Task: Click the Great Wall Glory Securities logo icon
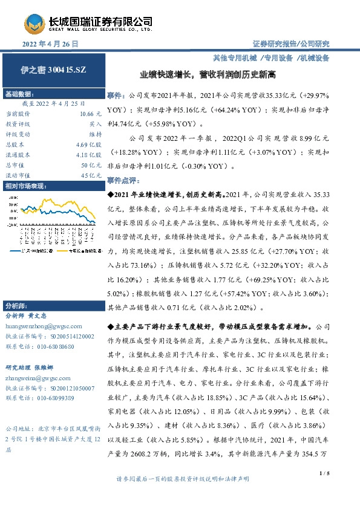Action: click(36, 24)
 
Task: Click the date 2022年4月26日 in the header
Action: click(51, 45)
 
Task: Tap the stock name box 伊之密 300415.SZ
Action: click(50, 70)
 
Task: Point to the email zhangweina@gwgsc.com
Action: click(36, 377)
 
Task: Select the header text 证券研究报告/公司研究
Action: click(291, 44)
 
